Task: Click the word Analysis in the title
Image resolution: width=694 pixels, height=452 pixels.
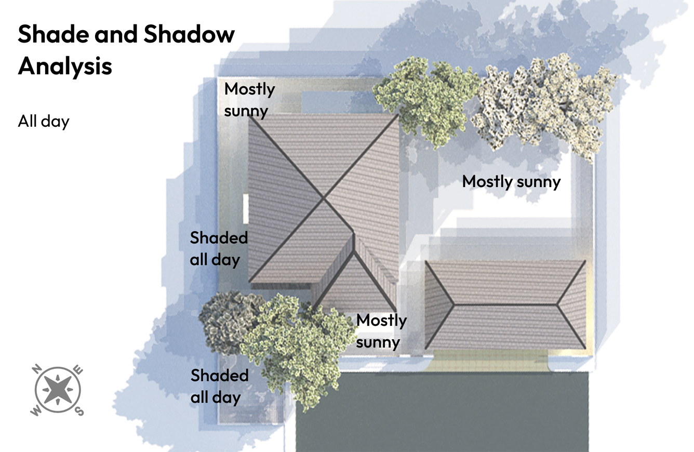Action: (x=65, y=67)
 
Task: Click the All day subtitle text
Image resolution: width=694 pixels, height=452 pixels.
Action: (x=44, y=122)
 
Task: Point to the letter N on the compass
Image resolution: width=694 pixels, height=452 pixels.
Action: (x=37, y=370)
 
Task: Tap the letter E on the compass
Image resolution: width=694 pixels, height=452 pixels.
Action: (x=79, y=370)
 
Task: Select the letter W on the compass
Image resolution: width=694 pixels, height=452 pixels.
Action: (x=36, y=411)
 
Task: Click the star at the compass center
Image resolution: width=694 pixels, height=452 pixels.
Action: (x=58, y=390)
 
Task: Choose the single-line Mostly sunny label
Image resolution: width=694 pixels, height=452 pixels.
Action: (x=511, y=182)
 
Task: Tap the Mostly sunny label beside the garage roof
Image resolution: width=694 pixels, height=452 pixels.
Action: (x=381, y=331)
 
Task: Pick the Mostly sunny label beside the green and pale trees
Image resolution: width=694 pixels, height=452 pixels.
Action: (x=249, y=100)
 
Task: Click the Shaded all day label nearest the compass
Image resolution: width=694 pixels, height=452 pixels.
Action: (x=219, y=386)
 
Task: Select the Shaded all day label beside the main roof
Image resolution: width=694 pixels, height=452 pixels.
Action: (x=218, y=248)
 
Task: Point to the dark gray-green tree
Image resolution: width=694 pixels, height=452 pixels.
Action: (x=226, y=322)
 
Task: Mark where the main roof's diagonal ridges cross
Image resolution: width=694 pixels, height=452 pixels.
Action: (x=324, y=198)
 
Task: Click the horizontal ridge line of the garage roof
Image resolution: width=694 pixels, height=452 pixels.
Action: (x=506, y=304)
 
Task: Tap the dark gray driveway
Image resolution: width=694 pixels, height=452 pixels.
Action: (x=442, y=410)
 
